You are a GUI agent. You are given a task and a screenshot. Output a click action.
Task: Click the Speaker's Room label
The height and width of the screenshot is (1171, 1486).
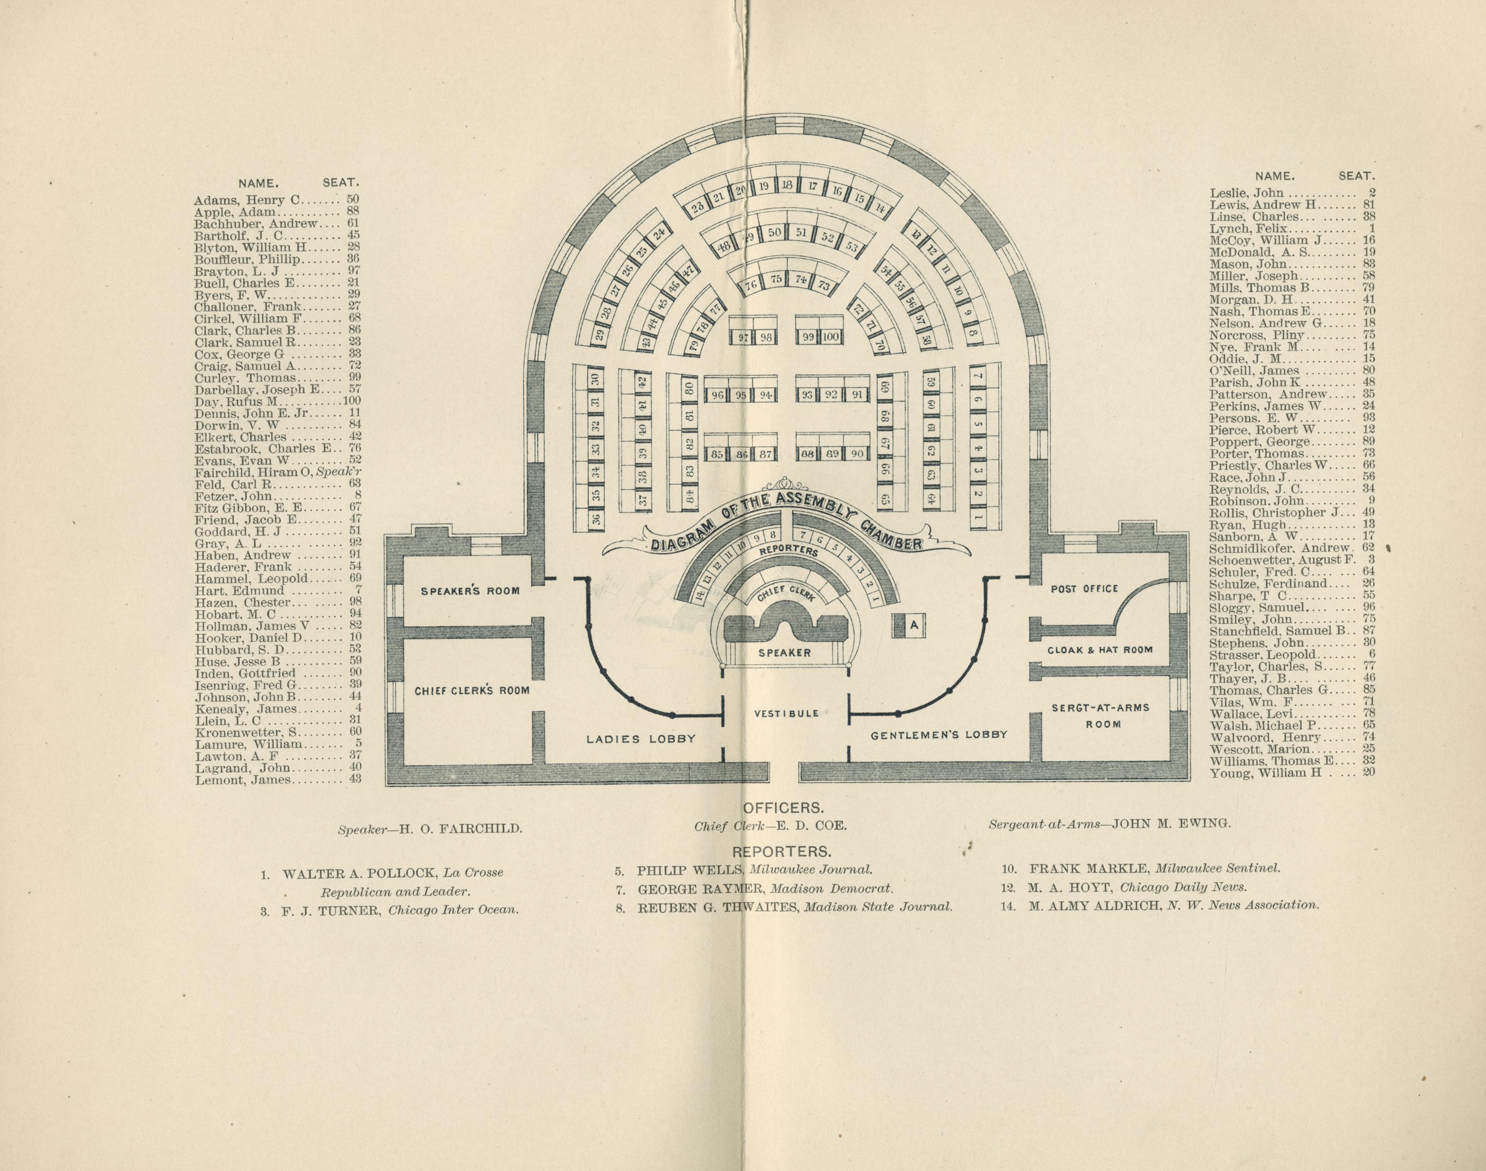[x=470, y=591]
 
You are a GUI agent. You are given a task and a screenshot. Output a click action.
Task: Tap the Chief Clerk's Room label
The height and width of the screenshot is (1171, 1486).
[x=472, y=690]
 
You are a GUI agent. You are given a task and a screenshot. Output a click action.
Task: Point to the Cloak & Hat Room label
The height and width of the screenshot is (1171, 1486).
[x=1100, y=649]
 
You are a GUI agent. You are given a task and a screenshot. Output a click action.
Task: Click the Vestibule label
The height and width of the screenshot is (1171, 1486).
[x=786, y=713]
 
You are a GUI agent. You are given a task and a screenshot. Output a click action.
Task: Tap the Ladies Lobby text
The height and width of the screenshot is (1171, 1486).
[x=641, y=739]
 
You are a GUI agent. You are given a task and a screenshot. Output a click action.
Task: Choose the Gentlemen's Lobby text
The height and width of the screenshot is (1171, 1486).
[x=939, y=735]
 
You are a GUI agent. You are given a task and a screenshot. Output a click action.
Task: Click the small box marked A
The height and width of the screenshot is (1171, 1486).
[x=914, y=625]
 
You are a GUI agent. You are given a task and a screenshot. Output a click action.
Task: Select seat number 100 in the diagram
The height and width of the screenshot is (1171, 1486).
[x=830, y=337]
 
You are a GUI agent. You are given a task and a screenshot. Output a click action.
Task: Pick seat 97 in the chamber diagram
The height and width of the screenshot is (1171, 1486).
[x=742, y=337]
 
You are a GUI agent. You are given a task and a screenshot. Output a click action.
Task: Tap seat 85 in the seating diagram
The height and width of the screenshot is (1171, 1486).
[x=717, y=454]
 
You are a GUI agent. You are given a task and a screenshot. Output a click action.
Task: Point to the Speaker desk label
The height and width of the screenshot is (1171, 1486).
[x=784, y=653]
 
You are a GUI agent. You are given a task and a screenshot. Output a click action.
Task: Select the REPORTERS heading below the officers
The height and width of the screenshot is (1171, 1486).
[x=782, y=851]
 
